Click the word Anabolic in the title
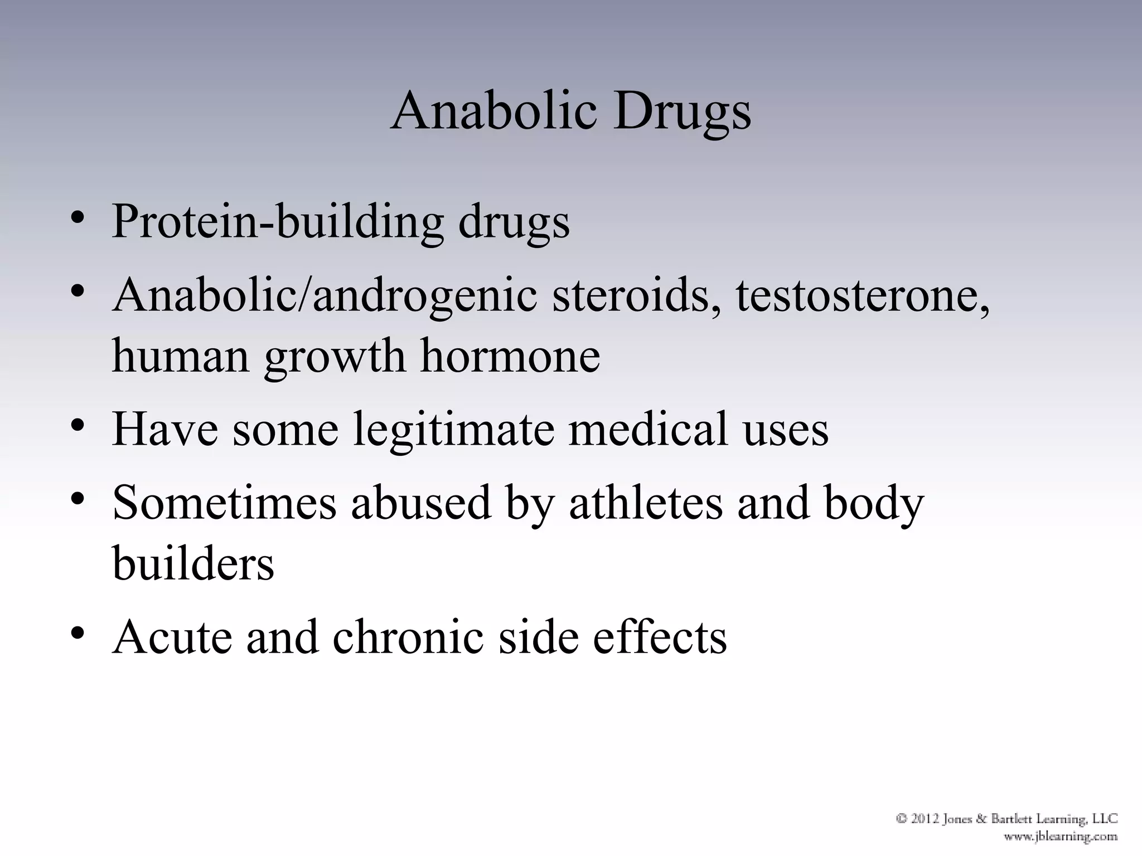pos(494,110)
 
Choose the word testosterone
pos(862,295)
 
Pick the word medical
pos(647,429)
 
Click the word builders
pos(193,563)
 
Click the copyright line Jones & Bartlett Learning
pos(1007,819)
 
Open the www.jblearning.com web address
pos(1060,836)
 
